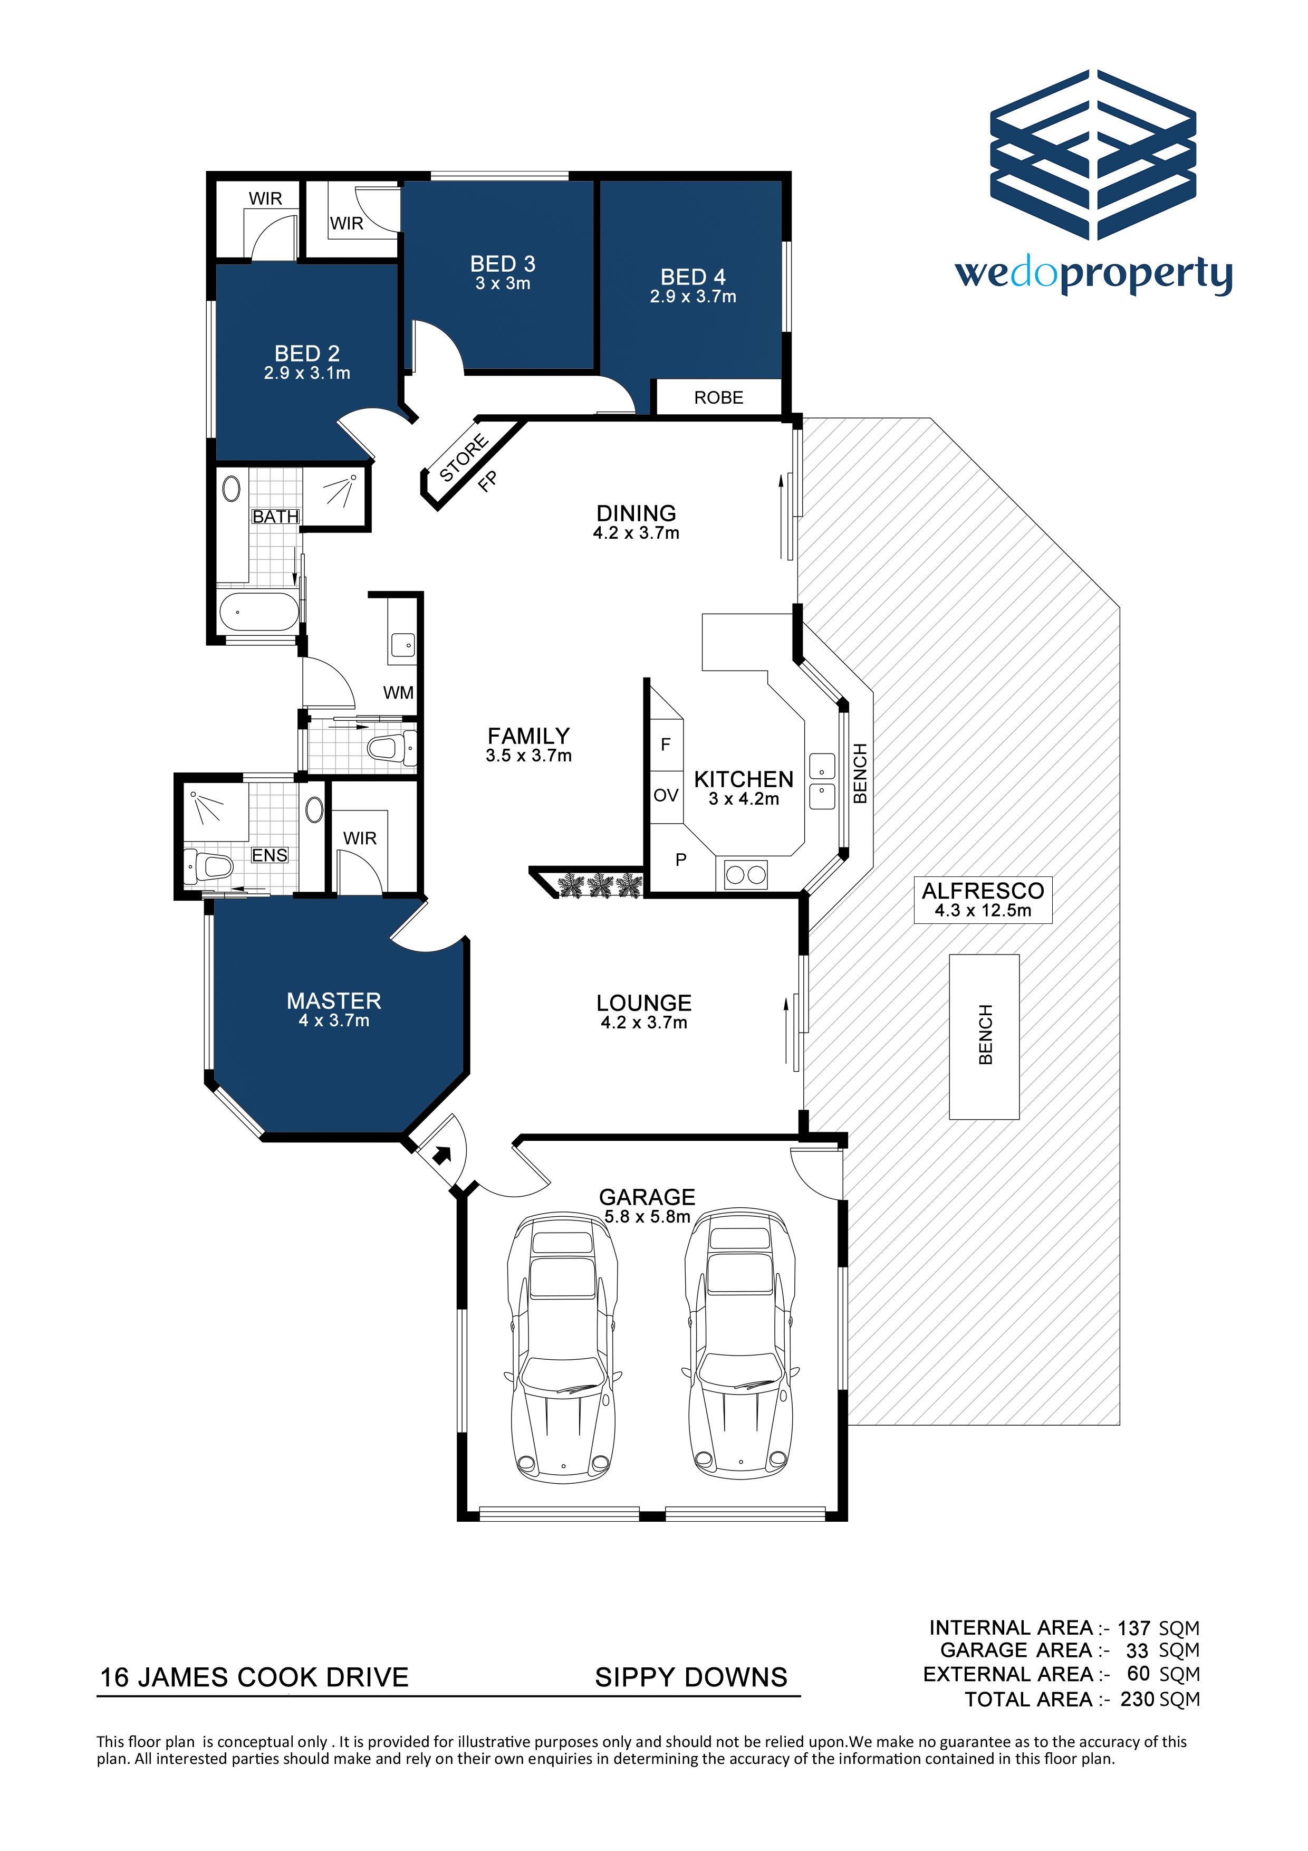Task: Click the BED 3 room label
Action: point(503,264)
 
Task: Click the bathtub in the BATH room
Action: point(258,612)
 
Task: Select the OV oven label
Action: point(666,796)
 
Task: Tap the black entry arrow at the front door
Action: point(441,1155)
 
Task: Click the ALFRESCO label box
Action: point(983,900)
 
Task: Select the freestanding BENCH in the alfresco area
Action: point(984,1037)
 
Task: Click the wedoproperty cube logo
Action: point(1094,155)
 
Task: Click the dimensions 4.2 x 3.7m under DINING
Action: point(636,533)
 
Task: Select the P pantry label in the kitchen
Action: point(681,860)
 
